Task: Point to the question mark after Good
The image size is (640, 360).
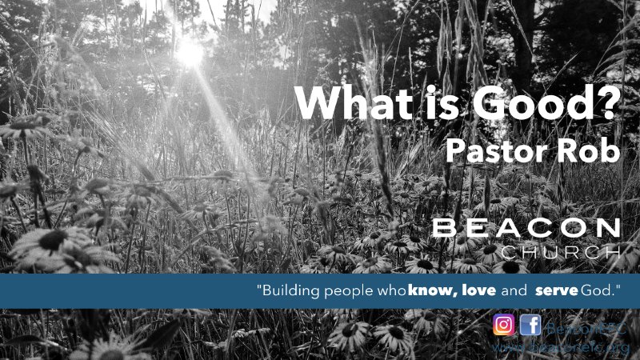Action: (610, 104)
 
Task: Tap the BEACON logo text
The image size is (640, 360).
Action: (526, 230)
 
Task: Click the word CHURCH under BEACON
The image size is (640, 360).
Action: (560, 253)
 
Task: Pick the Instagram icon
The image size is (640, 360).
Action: (503, 325)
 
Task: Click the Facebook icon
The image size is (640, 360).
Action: (530, 325)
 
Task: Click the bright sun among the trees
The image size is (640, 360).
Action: (190, 52)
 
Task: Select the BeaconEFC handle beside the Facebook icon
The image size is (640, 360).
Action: (585, 326)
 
